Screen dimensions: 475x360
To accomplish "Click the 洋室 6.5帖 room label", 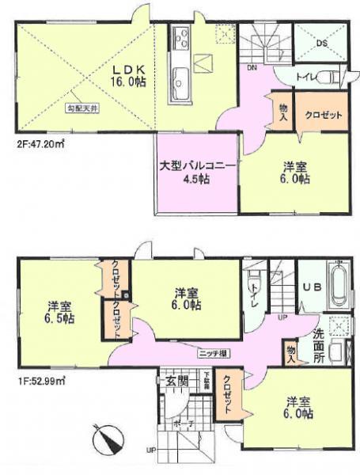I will click(59, 312).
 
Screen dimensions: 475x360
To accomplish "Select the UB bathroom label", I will click(311, 288).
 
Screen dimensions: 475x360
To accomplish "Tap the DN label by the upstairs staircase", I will click(251, 68).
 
